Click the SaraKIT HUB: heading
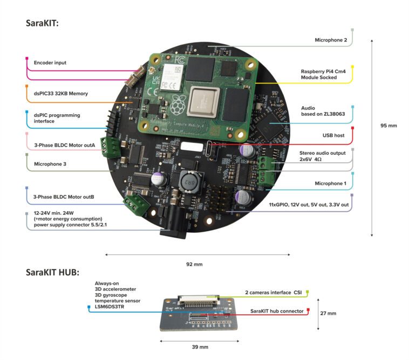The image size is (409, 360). [x=52, y=272]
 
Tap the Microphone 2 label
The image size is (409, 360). [x=331, y=40]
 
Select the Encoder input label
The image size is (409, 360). [x=50, y=63]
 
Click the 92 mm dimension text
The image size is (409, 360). [x=194, y=264]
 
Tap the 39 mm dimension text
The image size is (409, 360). [x=200, y=347]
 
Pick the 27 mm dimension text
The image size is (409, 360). [x=328, y=313]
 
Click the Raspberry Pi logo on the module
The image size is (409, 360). [x=176, y=105]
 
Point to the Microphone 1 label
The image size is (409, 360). [x=331, y=183]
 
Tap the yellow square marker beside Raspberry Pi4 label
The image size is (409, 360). [x=352, y=79]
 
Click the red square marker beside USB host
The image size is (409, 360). [x=352, y=128]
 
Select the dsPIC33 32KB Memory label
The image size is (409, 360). [x=61, y=93]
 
